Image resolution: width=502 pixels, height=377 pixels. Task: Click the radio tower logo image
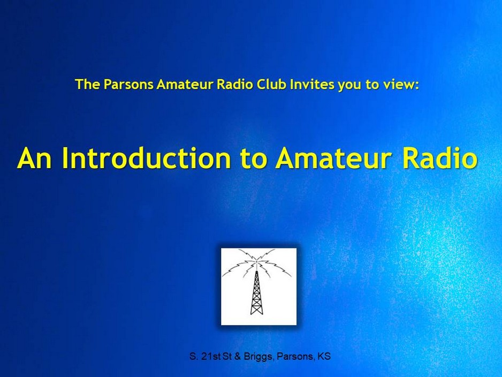[258, 286]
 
